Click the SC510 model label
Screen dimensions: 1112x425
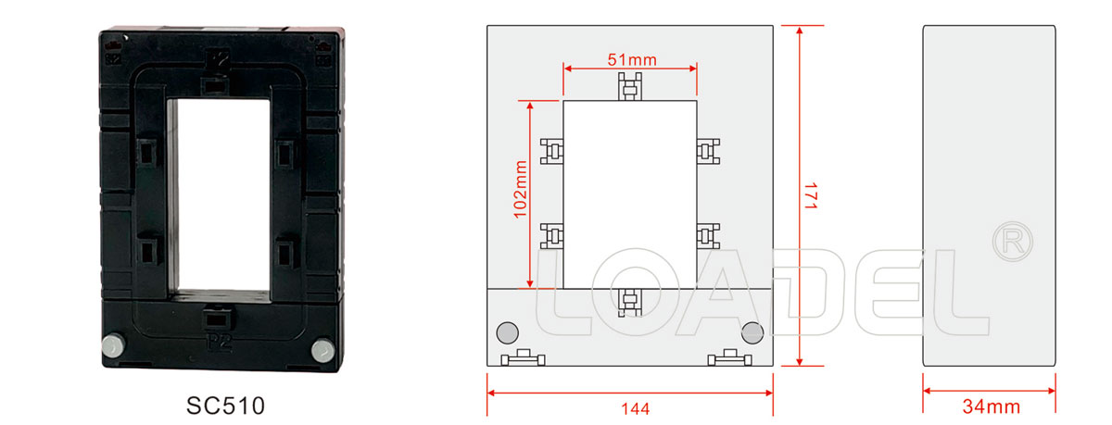225,406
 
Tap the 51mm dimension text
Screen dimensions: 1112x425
632,60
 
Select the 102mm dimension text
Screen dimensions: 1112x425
520,189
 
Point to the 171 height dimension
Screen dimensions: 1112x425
811,195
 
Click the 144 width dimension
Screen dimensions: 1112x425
635,408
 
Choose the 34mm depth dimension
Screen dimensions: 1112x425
991,406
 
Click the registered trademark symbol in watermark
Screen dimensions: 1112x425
1012,242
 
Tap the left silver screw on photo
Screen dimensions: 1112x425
114,345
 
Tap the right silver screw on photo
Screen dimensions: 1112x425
323,350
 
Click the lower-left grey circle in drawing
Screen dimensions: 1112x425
508,332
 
